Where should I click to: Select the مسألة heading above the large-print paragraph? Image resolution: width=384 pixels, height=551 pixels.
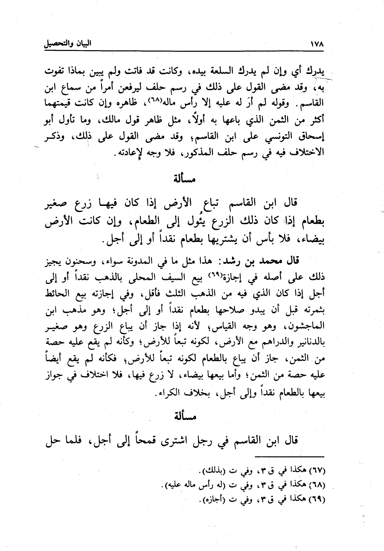pyautogui.click(x=184, y=178)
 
